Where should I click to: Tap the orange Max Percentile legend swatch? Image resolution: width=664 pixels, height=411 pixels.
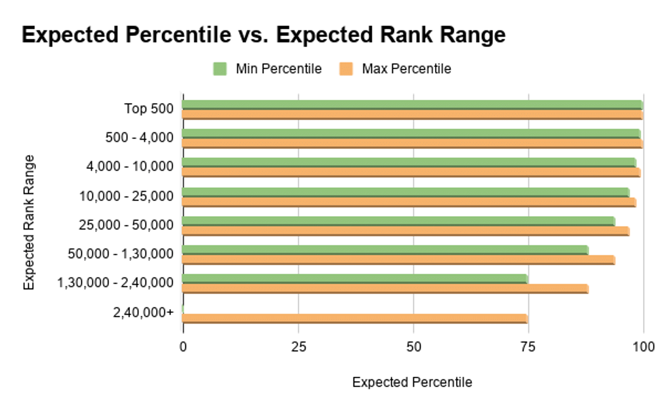346,69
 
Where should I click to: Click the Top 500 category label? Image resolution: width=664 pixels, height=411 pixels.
149,109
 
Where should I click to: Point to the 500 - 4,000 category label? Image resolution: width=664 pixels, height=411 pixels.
139,138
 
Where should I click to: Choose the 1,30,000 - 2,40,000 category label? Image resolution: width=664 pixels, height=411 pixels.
115,283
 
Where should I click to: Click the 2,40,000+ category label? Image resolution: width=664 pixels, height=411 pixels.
143,312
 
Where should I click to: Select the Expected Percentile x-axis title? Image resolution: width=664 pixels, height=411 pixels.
412,382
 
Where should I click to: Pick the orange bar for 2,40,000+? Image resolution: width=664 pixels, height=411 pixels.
355,318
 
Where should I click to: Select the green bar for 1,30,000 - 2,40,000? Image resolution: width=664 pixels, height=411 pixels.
355,279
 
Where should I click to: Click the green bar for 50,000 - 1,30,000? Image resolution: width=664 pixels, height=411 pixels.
385,250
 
